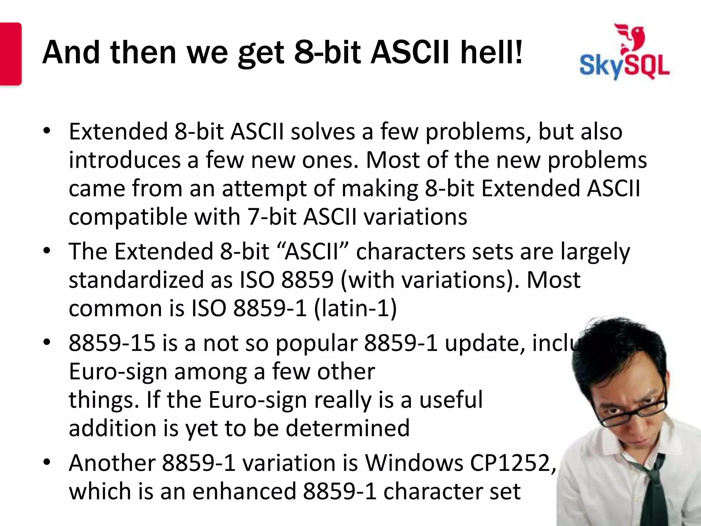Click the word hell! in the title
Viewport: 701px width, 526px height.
492,53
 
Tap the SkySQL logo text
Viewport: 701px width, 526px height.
624,66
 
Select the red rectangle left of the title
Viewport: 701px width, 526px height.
10,54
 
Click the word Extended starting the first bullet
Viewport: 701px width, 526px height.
118,131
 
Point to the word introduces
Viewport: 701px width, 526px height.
125,160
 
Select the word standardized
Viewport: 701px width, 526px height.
136,280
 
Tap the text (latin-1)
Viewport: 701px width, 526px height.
355,308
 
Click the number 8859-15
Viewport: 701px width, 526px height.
112,343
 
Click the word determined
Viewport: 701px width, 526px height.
347,428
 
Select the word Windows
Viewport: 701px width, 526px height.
413,463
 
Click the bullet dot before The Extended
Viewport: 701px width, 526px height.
47,251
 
